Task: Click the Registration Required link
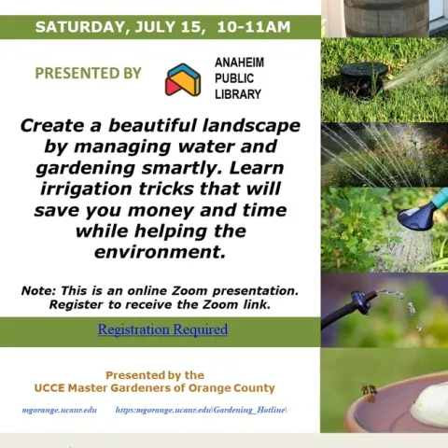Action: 162,329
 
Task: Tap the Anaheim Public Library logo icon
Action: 183,80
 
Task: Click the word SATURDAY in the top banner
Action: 77,27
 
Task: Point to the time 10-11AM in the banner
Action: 253,27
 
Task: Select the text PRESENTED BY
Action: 88,73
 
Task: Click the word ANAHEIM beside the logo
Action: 239,63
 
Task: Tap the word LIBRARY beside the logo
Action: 237,94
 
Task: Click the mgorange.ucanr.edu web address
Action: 60,411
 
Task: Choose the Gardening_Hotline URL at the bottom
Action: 201,411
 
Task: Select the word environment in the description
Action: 160,252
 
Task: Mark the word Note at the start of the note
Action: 37,291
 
